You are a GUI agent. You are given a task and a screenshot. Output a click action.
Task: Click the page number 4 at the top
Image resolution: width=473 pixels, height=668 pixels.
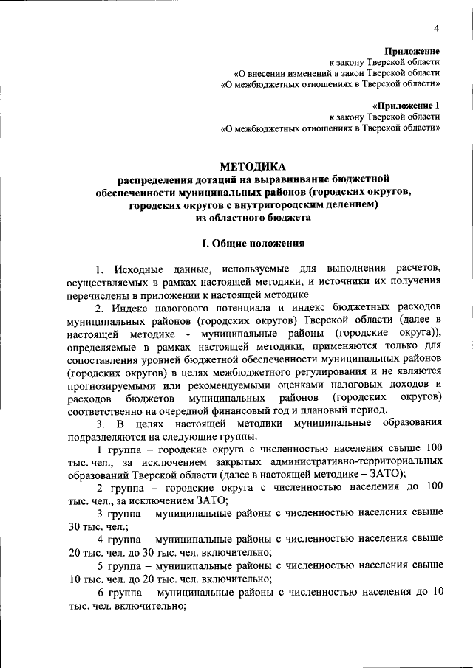click(x=437, y=28)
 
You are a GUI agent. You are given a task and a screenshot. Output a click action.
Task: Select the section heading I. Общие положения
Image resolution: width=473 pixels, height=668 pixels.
click(x=253, y=243)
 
